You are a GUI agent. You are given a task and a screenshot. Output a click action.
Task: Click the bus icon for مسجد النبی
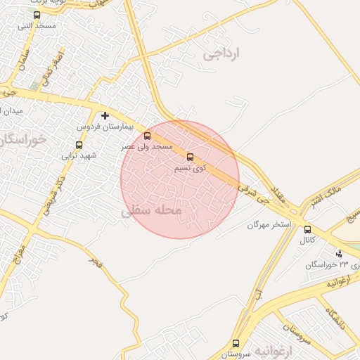(37, 15)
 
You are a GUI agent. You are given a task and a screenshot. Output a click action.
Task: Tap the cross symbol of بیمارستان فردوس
(105, 115)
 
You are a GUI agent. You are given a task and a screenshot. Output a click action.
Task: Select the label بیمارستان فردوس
(105, 127)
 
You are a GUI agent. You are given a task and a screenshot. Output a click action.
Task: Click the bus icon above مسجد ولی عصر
(147, 136)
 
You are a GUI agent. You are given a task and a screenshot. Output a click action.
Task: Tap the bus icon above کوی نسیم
(190, 157)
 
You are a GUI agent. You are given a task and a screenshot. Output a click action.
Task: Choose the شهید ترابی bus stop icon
(79, 145)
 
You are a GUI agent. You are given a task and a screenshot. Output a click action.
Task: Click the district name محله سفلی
(151, 210)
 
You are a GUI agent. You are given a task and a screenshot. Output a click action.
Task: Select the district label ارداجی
(221, 53)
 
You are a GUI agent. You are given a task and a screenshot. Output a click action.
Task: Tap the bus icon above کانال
(307, 229)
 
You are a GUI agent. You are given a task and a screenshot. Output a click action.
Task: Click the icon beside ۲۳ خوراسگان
(339, 254)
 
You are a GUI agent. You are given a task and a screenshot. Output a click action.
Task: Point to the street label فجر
(94, 263)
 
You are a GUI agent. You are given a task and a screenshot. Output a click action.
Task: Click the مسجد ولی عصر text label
(148, 147)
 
